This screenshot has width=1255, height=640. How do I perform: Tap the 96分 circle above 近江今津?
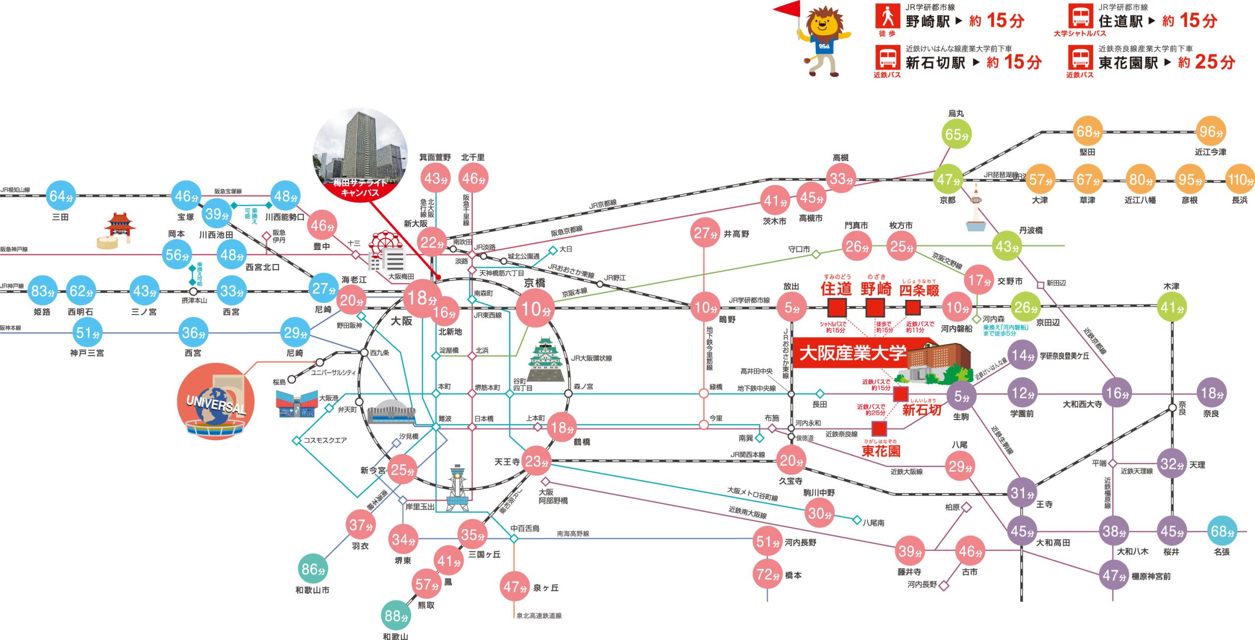tap(1210, 131)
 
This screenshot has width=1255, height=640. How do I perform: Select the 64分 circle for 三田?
tap(61, 196)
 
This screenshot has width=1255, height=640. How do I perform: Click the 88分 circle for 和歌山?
tap(396, 615)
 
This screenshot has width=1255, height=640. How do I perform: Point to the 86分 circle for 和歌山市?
tap(313, 569)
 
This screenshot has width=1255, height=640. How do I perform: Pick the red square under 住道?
tap(837, 308)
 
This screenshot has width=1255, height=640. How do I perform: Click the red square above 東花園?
tap(879, 429)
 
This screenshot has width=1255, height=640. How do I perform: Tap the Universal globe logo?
tap(216, 402)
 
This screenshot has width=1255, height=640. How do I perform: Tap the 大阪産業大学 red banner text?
tap(853, 353)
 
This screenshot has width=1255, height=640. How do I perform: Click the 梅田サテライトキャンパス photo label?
tap(360, 188)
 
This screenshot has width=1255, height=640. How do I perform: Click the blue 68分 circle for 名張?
tap(1222, 531)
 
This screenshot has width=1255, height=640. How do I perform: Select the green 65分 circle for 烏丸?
tap(956, 134)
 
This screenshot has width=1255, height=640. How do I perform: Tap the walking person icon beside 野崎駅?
tap(887, 17)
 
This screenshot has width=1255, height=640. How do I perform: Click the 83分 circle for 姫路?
tap(42, 291)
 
